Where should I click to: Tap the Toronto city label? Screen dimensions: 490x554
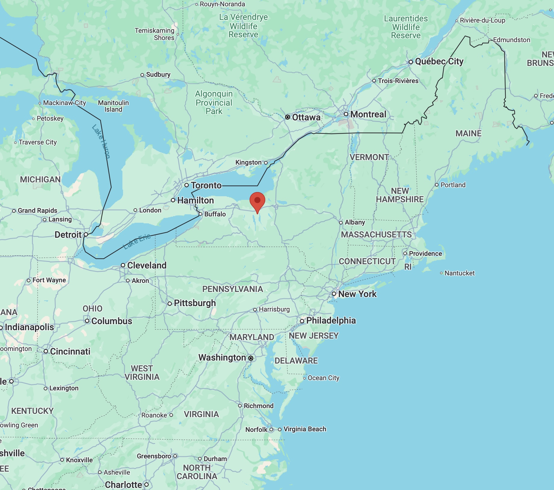[206, 185]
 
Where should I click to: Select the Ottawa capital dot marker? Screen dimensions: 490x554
[288, 117]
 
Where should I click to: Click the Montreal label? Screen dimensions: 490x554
[368, 114]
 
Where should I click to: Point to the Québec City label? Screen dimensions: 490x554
[439, 61]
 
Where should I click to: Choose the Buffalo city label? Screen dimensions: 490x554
[215, 214]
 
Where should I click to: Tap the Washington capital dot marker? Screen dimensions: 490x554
[251, 358]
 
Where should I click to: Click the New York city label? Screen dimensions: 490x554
[357, 294]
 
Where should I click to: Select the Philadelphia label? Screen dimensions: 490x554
[331, 321]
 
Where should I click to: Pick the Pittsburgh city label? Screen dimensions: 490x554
[195, 303]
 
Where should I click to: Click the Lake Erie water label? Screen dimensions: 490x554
[137, 241]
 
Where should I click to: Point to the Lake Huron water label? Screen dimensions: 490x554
[101, 141]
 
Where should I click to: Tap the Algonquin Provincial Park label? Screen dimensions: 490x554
[214, 103]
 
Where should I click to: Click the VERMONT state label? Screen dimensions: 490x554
[369, 157]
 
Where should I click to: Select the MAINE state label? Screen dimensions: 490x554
[468, 133]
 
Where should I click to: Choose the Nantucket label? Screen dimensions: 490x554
[459, 273]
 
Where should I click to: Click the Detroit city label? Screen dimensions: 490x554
[68, 235]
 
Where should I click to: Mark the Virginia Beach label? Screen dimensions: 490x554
[305, 429]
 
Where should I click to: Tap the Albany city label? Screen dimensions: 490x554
[355, 222]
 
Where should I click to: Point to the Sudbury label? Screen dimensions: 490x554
[158, 75]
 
